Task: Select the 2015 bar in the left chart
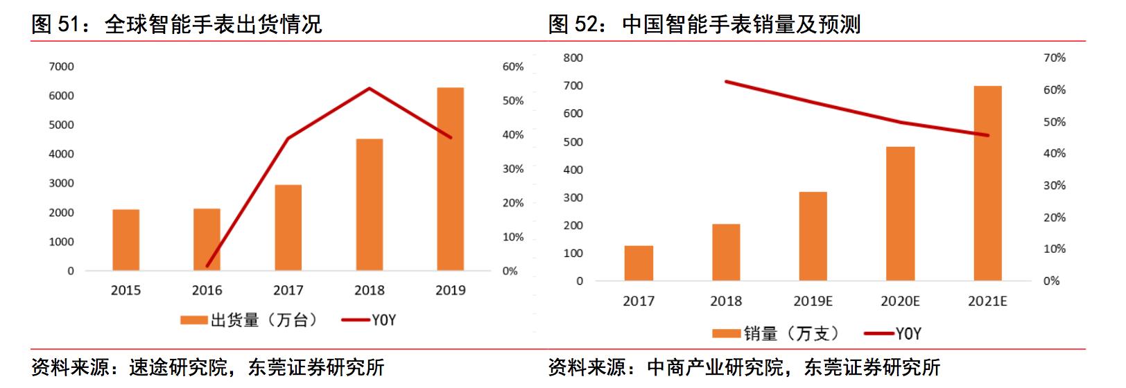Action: coord(125,240)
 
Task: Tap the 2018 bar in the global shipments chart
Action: coord(369,204)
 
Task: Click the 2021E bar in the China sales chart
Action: coord(987,183)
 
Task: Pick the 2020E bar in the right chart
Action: coord(900,213)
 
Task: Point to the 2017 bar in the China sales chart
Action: coord(638,263)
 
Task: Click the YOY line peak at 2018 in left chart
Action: coord(370,89)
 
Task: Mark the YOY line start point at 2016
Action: coord(207,266)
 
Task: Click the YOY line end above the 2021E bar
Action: coord(987,135)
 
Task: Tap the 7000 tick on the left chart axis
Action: coord(61,67)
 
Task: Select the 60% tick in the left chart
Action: coord(513,67)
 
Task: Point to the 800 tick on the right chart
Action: coord(573,58)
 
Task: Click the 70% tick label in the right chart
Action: coord(1054,58)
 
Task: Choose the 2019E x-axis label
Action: coord(813,301)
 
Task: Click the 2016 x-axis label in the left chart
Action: coord(207,290)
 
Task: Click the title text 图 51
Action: coord(53,25)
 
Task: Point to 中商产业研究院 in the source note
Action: coord(714,367)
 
